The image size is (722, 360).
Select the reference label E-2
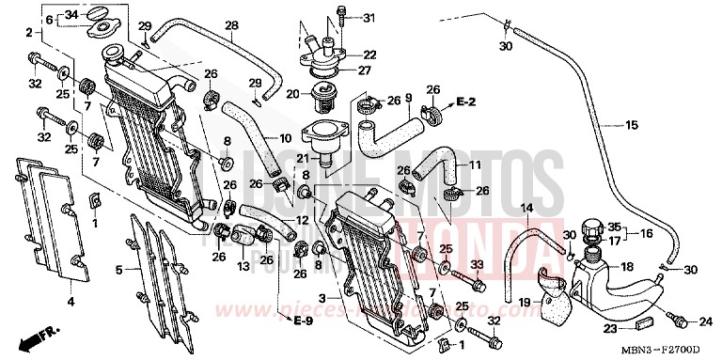tap(466, 100)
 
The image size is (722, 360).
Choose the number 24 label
tap(707, 321)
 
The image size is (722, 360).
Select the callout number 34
tap(71, 15)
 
